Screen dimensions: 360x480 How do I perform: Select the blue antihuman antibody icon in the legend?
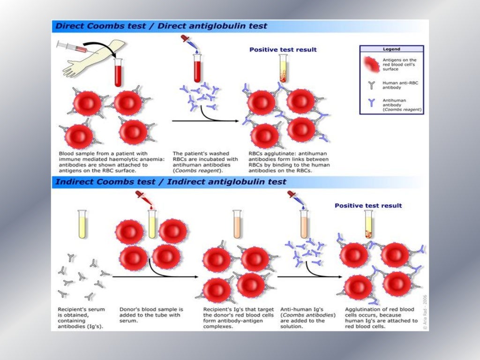[372, 102]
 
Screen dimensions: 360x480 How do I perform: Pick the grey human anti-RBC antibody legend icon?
[372, 85]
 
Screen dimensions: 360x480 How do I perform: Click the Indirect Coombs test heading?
[171, 181]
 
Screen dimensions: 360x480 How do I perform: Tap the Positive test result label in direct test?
[283, 49]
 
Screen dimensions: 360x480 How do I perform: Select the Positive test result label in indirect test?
[368, 205]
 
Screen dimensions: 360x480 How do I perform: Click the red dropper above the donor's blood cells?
[141, 197]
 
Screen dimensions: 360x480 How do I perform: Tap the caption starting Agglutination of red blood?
[381, 318]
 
